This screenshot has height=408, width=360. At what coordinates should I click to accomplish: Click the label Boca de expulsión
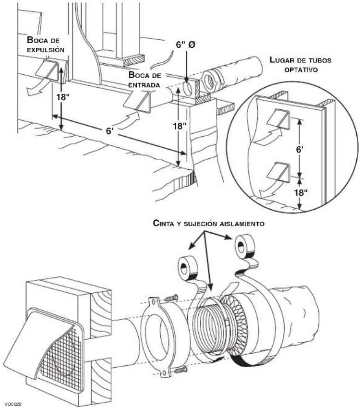[46, 45]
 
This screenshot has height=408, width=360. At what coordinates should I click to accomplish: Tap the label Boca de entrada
[145, 80]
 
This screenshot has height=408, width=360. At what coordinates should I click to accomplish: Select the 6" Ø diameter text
[186, 45]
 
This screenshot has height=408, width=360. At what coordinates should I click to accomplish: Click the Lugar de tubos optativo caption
[300, 65]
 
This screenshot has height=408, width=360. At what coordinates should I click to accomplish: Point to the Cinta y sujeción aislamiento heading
[209, 224]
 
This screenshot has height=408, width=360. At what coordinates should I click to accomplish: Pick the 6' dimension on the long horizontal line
[110, 131]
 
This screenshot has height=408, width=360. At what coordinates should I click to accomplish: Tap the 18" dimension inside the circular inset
[301, 193]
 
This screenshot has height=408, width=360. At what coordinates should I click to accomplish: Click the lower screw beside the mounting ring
[180, 369]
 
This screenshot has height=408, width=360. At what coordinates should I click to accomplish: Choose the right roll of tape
[244, 248]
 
